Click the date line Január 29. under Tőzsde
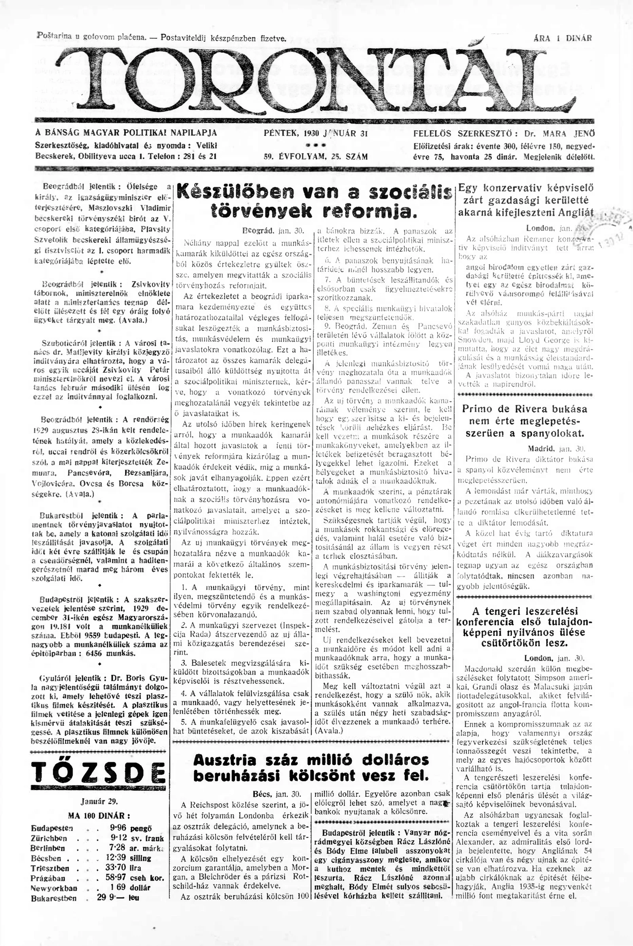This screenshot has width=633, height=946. coord(99,802)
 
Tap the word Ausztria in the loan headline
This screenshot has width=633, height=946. coord(224,760)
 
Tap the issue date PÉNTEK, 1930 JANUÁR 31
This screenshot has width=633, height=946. coord(315,133)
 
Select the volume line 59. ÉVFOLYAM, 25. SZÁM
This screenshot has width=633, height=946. coord(315,157)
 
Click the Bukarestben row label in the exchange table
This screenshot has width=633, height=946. coord(54,898)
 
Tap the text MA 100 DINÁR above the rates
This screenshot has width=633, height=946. coord(99,815)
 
